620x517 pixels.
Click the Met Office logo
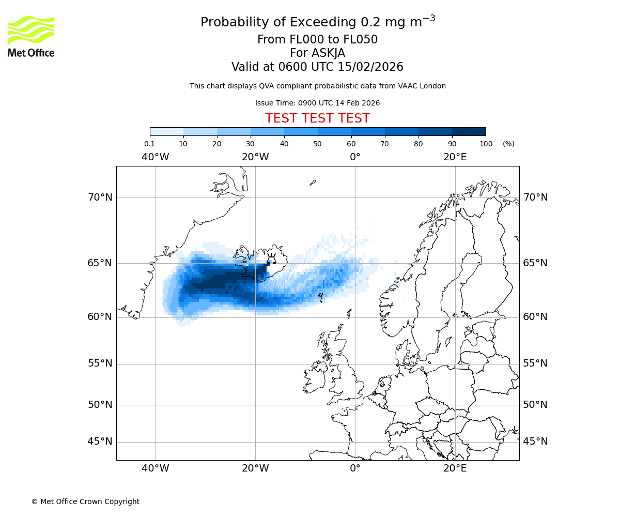[31, 36]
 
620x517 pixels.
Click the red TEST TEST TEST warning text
[317, 119]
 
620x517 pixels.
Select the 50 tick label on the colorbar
[317, 144]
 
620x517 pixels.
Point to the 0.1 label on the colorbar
[149, 144]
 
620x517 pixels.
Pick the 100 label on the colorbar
[486, 144]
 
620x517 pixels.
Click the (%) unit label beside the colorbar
[508, 144]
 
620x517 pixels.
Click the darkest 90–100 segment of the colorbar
[469, 131]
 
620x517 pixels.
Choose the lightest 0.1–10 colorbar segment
[167, 131]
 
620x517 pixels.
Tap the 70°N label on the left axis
[100, 197]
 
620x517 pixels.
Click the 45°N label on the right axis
[535, 442]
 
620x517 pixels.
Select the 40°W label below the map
[156, 468]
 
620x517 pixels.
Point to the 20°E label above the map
[455, 157]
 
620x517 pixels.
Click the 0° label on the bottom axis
[355, 468]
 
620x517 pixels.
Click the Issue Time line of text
[317, 103]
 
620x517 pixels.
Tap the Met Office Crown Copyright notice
[85, 501]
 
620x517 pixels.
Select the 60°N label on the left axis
[100, 317]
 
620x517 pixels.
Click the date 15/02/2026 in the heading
[370, 67]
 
